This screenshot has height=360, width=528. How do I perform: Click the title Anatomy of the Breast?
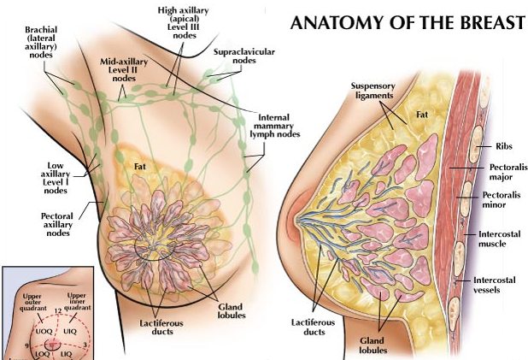pos(408,22)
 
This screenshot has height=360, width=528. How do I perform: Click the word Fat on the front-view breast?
pos(141,168)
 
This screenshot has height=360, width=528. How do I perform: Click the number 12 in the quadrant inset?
pos(57,309)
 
